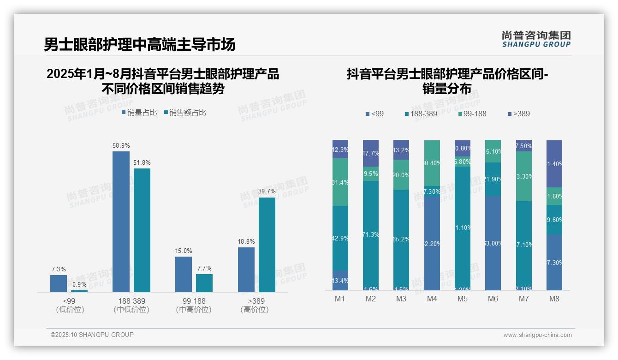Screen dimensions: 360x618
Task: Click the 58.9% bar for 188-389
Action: click(121, 222)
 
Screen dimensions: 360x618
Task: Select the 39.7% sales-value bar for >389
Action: click(267, 245)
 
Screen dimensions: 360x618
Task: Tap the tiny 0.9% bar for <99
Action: click(79, 291)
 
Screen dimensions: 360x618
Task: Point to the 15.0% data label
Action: click(184, 251)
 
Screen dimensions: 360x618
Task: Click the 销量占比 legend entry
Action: click(139, 112)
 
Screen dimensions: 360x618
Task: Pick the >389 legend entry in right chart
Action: click(519, 114)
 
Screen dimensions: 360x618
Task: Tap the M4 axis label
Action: click(432, 299)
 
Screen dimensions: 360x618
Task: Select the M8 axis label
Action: click(554, 299)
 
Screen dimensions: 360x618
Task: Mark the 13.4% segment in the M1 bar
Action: click(340, 280)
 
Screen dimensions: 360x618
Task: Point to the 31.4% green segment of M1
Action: click(340, 182)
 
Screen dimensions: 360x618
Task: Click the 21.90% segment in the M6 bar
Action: click(493, 179)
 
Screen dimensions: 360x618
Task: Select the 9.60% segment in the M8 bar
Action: click(554, 220)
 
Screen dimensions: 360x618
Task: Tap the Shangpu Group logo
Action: click(536, 39)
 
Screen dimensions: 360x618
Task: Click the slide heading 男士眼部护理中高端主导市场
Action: click(139, 44)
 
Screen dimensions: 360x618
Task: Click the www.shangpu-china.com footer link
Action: click(537, 335)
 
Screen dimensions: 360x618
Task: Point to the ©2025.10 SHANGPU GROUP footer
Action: click(92, 335)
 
